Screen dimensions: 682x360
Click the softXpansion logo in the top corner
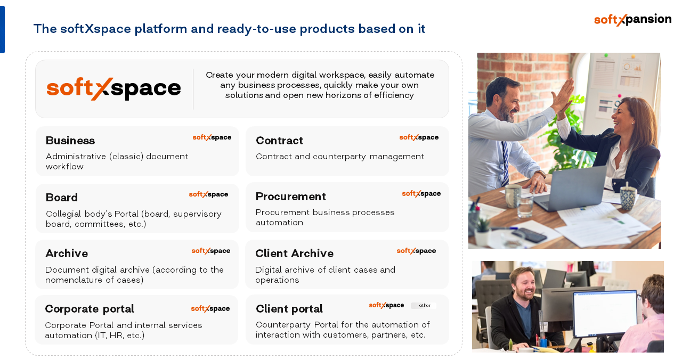[x=632, y=20]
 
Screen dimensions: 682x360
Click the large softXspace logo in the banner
[x=113, y=88]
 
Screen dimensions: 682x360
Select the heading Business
[x=70, y=141]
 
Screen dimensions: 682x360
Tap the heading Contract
[x=279, y=141]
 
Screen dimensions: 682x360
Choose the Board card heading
[x=62, y=198]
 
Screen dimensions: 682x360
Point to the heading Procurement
[x=291, y=197]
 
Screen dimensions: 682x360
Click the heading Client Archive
[x=295, y=253]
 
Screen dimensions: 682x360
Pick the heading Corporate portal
[x=90, y=309]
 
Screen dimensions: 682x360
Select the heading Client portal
[x=289, y=309]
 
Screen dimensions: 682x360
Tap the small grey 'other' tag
[x=424, y=306]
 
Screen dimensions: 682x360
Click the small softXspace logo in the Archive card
[x=210, y=251]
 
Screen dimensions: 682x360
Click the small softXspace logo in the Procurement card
[x=421, y=194]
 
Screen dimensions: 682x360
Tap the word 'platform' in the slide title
[x=161, y=29]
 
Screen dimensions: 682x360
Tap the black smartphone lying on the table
[x=529, y=235]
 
